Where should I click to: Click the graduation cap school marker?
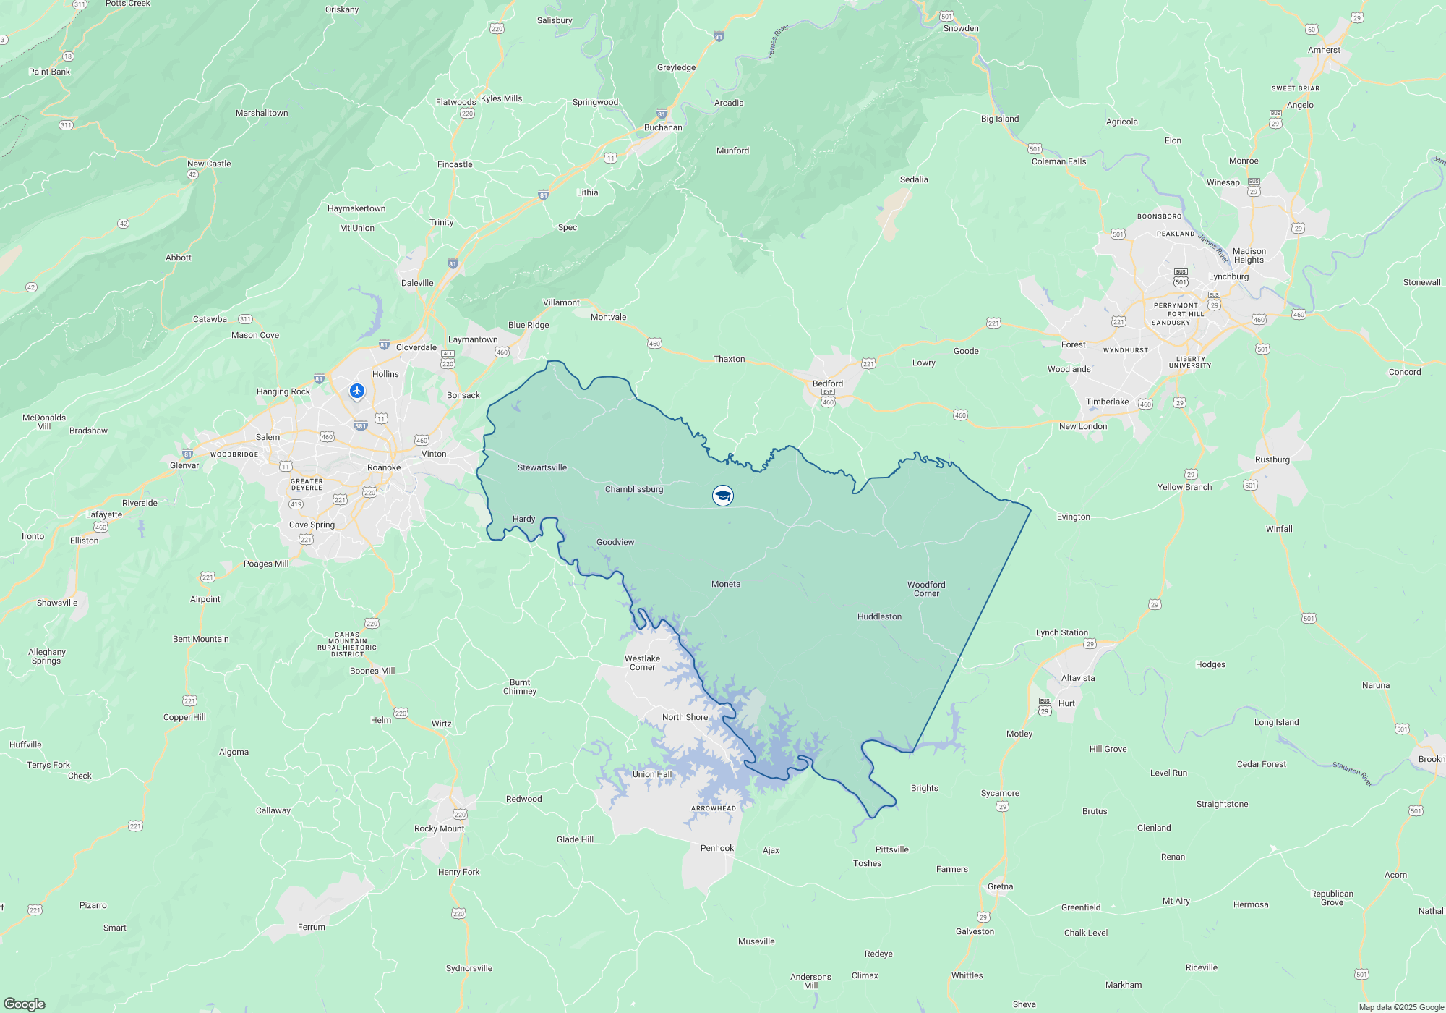click(x=723, y=496)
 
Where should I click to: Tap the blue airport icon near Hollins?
click(x=357, y=391)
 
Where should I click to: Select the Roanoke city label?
click(x=384, y=467)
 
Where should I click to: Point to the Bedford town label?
click(x=828, y=383)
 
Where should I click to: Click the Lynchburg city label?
click(x=1228, y=276)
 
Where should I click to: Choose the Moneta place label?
click(x=726, y=584)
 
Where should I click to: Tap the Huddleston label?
click(x=879, y=616)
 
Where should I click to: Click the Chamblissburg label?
click(x=634, y=489)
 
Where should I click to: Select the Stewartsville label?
click(x=542, y=467)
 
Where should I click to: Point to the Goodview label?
click(x=615, y=542)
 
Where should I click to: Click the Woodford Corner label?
click(x=926, y=589)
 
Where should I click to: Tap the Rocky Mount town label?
click(x=439, y=828)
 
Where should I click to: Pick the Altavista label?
click(x=1078, y=678)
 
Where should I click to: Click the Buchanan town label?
click(x=663, y=127)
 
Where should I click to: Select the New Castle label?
click(x=209, y=164)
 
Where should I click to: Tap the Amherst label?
click(x=1324, y=50)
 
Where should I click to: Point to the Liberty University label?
click(x=1190, y=362)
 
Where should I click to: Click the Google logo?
click(x=25, y=1004)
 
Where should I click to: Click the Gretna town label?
click(x=1000, y=886)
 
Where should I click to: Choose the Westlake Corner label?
click(x=642, y=663)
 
